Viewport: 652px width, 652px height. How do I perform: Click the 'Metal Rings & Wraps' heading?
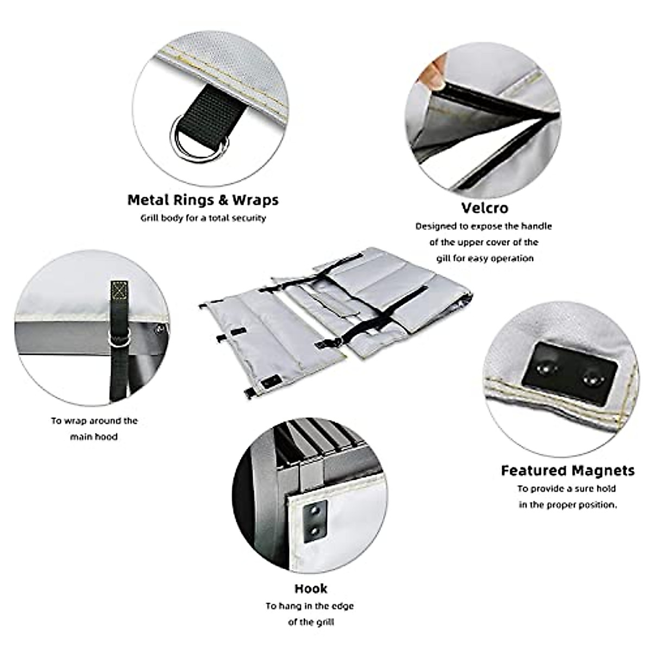click(x=203, y=200)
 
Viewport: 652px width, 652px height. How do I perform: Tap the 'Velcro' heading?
click(x=485, y=208)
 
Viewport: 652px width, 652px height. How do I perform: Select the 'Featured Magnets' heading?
click(x=567, y=470)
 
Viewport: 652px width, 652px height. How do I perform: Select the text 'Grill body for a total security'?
click(x=203, y=218)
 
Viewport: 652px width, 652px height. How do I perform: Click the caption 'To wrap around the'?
click(x=95, y=421)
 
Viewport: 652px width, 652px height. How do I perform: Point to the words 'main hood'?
click(x=93, y=437)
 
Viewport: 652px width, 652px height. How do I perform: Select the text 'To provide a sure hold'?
click(x=567, y=488)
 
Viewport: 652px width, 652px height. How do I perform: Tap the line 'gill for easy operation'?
click(x=485, y=259)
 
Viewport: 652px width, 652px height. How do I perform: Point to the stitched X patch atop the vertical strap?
click(x=118, y=290)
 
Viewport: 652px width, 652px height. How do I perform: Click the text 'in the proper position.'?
click(x=568, y=505)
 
